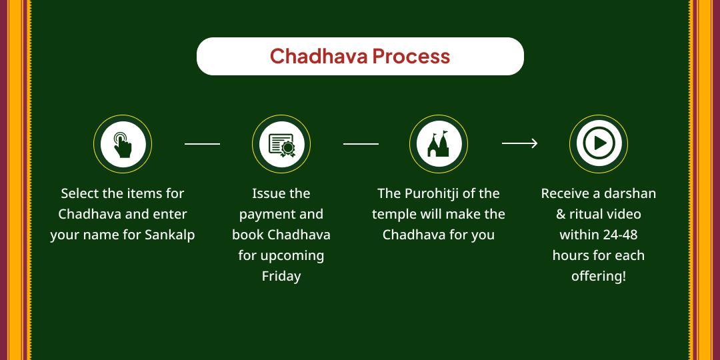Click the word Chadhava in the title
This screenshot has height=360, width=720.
click(319, 56)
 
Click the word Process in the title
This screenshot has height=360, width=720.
click(411, 56)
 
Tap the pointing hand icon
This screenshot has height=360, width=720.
click(123, 144)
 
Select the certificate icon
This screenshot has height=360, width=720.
click(281, 144)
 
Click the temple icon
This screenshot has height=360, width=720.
click(439, 144)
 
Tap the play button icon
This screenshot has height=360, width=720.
click(599, 143)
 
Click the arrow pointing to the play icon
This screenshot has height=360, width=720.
click(520, 143)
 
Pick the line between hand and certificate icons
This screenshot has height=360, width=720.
click(202, 143)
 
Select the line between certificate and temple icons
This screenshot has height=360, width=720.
click(361, 143)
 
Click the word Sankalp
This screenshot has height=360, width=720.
click(170, 235)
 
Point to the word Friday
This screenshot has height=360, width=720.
click(281, 276)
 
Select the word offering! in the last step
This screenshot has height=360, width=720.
click(599, 276)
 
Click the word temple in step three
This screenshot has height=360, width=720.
click(394, 214)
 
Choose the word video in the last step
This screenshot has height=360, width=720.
click(623, 214)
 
